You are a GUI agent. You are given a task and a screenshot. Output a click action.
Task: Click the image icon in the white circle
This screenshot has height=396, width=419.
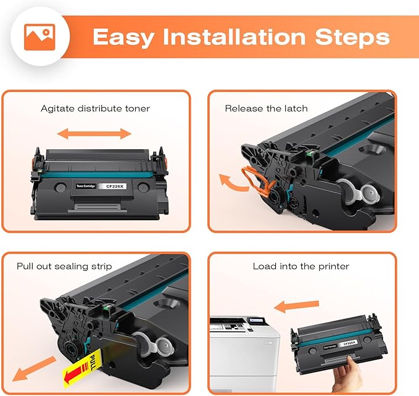tap(39, 36)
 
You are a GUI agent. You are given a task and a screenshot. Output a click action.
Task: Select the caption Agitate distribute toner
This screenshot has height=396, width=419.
tap(95, 109)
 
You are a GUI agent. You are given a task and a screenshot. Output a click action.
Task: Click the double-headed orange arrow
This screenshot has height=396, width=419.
tap(95, 133)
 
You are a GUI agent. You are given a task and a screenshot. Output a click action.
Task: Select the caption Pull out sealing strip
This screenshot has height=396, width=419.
tap(64, 266)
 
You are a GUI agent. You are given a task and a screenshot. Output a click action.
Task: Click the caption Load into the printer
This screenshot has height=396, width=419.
tap(301, 266)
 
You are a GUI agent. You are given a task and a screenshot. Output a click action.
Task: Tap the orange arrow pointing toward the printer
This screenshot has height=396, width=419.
tap(296, 304)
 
